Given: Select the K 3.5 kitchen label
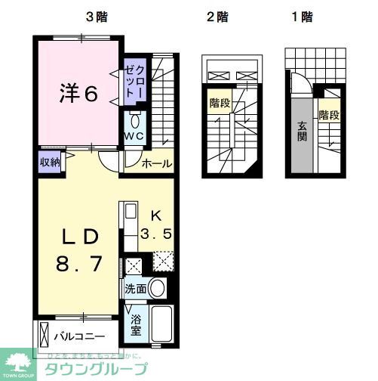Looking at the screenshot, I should pyautogui.click(x=157, y=226).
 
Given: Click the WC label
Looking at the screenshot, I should pyautogui.click(x=134, y=136).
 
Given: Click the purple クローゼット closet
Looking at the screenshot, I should pyautogui.click(x=136, y=82).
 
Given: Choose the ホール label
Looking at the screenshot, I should pyautogui.click(x=157, y=163).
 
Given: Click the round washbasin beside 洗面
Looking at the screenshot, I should pyautogui.click(x=158, y=287).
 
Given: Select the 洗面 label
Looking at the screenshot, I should pyautogui.click(x=136, y=288).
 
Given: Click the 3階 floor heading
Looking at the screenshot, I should pyautogui.click(x=95, y=17).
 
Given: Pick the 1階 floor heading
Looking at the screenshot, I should pyautogui.click(x=301, y=17).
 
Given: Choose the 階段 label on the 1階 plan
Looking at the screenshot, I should pyautogui.click(x=329, y=115).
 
